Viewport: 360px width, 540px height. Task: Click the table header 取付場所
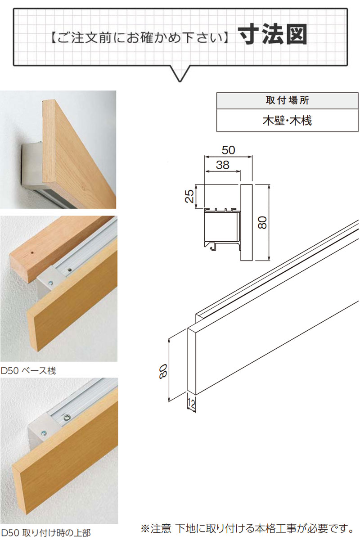click(x=287, y=100)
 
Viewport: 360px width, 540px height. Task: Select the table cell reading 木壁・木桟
click(x=287, y=121)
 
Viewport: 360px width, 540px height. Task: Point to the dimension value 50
click(x=228, y=150)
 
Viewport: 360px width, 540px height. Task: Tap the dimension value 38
click(x=223, y=165)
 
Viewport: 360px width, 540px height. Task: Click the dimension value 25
click(x=189, y=196)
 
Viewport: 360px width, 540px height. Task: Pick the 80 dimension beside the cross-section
click(x=262, y=222)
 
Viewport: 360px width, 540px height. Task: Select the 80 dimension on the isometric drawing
click(x=163, y=372)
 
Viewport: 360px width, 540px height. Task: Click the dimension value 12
click(x=191, y=404)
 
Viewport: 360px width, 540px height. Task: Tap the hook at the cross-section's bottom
click(x=213, y=247)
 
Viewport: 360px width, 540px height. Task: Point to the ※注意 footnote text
click(x=247, y=528)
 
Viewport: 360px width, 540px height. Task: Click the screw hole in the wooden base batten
click(x=32, y=253)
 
